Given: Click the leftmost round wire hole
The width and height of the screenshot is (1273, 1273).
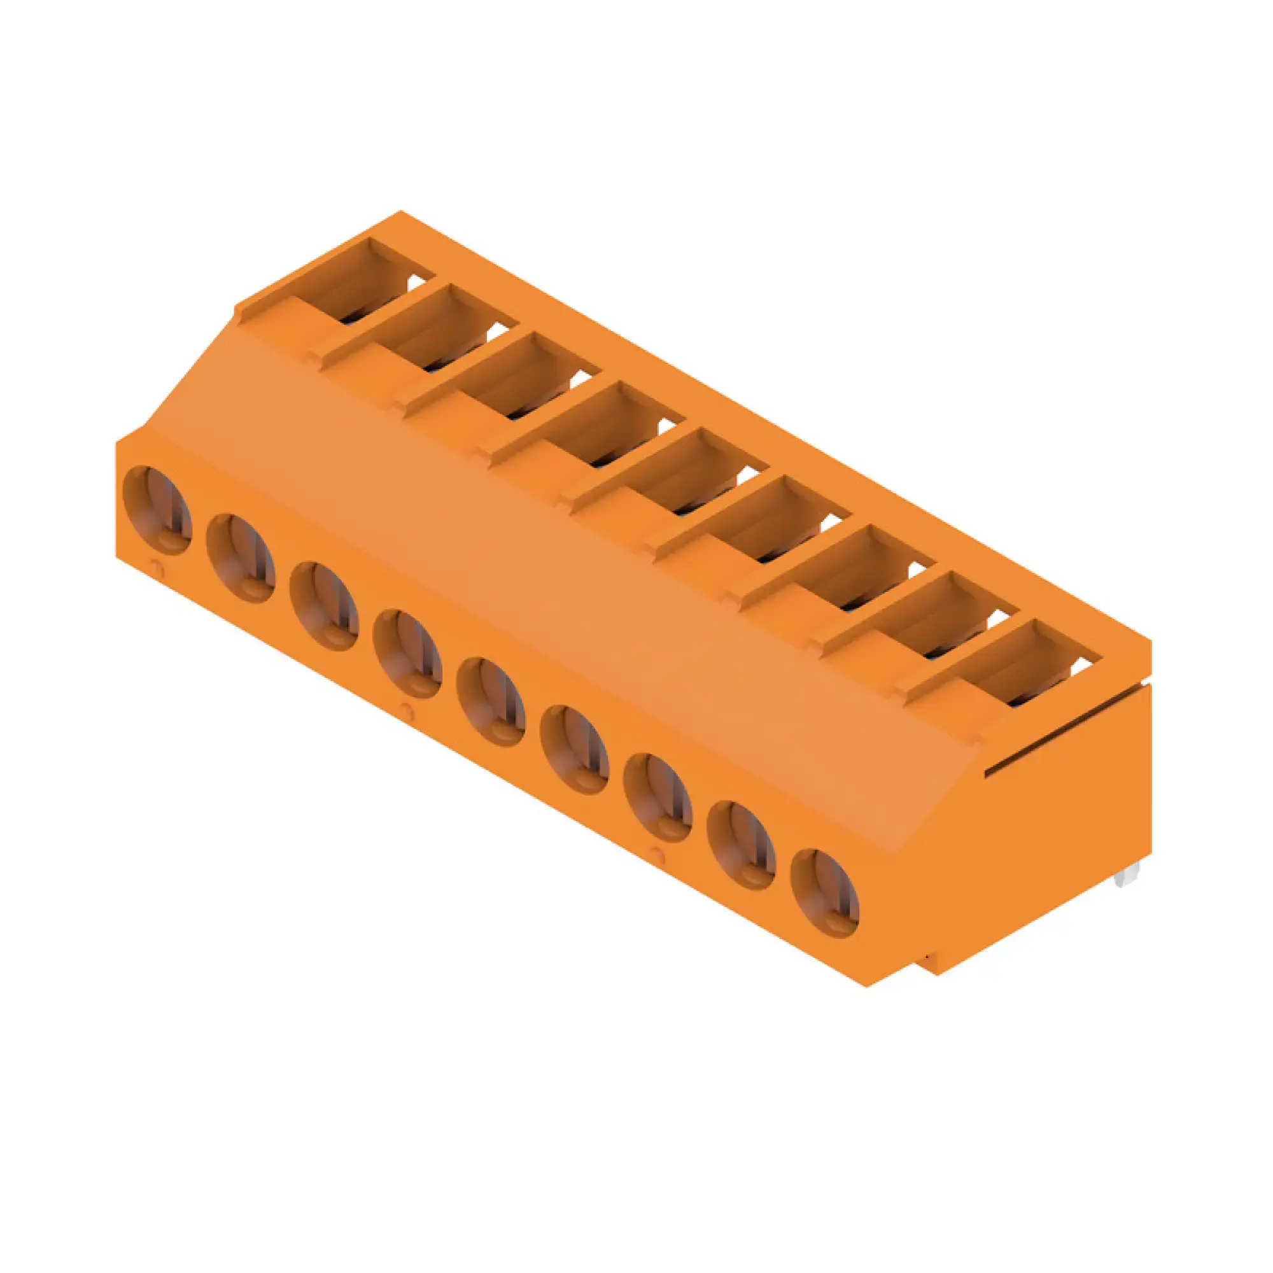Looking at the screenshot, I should [x=158, y=510].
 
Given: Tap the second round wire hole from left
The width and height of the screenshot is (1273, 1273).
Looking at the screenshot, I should [x=241, y=558].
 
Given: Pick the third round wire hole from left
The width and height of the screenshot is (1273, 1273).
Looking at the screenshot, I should [x=324, y=606].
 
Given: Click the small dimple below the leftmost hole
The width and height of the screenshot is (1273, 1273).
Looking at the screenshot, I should [x=155, y=565].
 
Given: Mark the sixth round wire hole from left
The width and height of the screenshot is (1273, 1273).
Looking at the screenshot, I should [x=574, y=749].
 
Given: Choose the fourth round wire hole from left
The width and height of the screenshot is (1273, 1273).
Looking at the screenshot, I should [x=407, y=654].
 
